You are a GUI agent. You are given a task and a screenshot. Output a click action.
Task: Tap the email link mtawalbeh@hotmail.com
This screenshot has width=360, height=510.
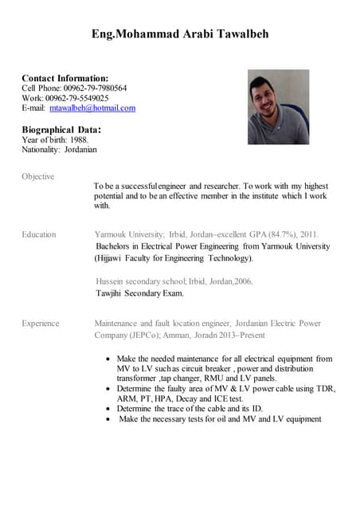(x=92, y=108)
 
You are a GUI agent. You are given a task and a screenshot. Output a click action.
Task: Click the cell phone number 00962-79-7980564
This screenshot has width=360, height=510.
(x=95, y=88)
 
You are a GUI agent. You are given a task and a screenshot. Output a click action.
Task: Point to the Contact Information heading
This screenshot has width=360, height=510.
(x=65, y=77)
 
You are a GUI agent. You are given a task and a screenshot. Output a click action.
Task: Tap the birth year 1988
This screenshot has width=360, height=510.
(x=78, y=139)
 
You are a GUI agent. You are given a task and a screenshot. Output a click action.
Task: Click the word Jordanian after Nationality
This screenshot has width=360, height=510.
(x=82, y=149)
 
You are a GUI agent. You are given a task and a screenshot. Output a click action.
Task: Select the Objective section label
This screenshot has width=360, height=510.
(x=37, y=176)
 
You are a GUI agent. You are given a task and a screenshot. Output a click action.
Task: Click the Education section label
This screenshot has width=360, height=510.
(x=39, y=234)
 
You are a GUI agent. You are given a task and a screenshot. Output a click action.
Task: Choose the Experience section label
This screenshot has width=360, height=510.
(x=41, y=324)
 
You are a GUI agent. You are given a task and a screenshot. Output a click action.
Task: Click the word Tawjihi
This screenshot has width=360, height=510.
(x=109, y=293)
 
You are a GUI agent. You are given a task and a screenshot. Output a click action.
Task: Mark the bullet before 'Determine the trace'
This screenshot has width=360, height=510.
(x=108, y=408)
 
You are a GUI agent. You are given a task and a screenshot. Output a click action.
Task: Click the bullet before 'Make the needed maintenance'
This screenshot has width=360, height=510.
(x=108, y=359)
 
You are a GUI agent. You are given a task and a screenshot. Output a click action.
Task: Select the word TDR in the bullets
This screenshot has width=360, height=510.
(x=323, y=389)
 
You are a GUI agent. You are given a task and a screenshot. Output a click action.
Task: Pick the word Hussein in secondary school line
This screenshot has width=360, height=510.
(x=111, y=281)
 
